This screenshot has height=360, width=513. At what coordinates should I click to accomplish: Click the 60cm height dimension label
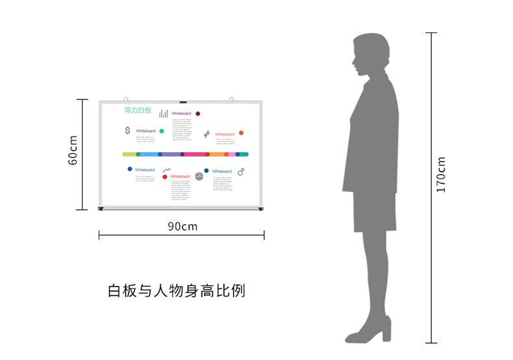click(73, 150)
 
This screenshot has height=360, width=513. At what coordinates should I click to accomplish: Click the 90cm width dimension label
click(182, 226)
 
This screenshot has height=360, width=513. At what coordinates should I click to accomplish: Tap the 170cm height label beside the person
click(441, 174)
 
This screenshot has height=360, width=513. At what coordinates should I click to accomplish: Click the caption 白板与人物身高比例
click(177, 290)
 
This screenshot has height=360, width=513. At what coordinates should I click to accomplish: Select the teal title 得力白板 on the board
click(138, 110)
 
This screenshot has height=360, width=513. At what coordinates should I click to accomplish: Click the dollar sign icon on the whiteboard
click(127, 130)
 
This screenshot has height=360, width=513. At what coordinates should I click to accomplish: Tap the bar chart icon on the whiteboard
click(164, 114)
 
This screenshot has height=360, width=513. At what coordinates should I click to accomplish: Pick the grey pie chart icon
click(199, 175)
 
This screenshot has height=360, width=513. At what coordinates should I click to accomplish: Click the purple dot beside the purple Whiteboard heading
click(197, 114)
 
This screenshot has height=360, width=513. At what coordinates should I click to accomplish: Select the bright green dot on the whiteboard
click(162, 131)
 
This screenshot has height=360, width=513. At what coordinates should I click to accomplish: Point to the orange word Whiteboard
click(224, 135)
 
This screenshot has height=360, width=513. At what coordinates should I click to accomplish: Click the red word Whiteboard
click(181, 176)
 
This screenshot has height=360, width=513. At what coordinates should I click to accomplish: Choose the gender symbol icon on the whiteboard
click(241, 172)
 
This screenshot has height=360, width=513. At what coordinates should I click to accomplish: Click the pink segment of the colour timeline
click(195, 155)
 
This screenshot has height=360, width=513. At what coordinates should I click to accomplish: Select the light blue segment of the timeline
click(149, 155)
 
